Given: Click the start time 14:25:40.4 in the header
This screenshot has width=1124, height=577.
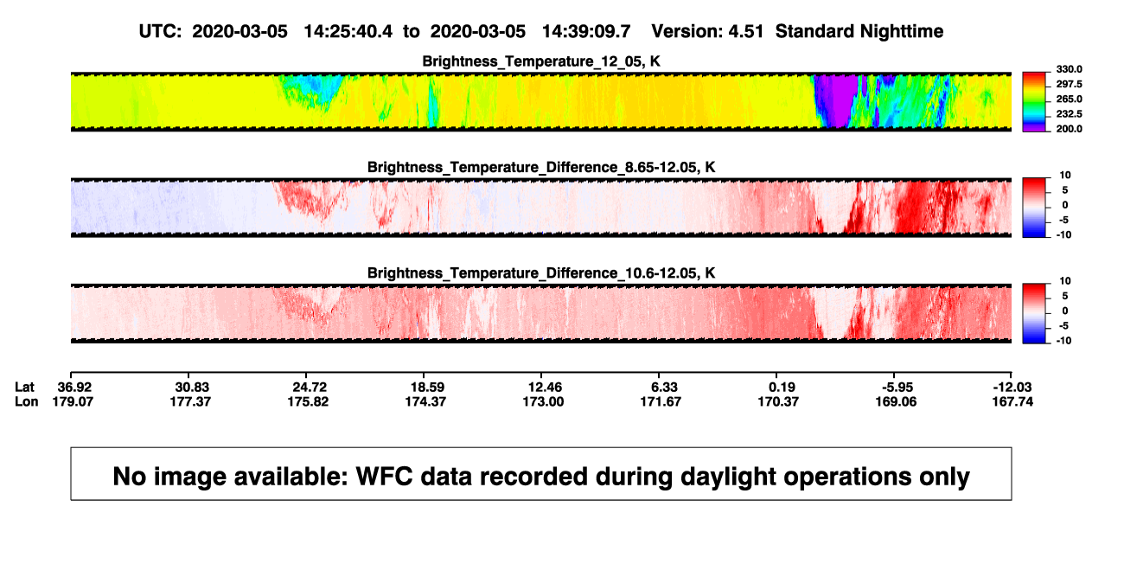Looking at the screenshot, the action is point(348,31).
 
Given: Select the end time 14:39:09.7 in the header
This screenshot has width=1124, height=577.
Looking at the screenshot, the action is point(586,31).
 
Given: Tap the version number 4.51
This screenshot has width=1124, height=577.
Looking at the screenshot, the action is point(745,31).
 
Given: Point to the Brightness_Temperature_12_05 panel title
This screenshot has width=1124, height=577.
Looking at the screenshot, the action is point(541,61).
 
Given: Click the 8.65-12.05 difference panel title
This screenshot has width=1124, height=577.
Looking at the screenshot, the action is point(541,167).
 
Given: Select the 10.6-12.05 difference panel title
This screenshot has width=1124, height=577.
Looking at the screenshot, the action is point(541,273).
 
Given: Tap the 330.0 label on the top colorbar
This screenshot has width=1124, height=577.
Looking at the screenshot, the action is point(1069,69).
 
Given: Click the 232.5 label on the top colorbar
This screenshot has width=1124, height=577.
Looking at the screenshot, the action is point(1069,114).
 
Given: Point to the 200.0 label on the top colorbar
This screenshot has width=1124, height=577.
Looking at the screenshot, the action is point(1069,129).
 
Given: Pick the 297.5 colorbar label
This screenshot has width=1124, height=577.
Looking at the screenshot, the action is point(1069,85).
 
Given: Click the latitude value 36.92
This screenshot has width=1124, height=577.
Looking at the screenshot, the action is point(74,388).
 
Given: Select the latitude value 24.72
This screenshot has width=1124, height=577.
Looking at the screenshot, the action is point(310,388).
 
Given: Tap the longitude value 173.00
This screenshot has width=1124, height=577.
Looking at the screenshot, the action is point(543,401).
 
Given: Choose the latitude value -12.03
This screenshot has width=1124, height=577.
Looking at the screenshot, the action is point(1012,388).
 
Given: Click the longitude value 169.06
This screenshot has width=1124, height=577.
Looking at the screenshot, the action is point(896,401).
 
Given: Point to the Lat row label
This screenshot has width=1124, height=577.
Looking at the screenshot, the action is point(24,388).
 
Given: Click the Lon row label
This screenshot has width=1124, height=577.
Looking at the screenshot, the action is point(26,401).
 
